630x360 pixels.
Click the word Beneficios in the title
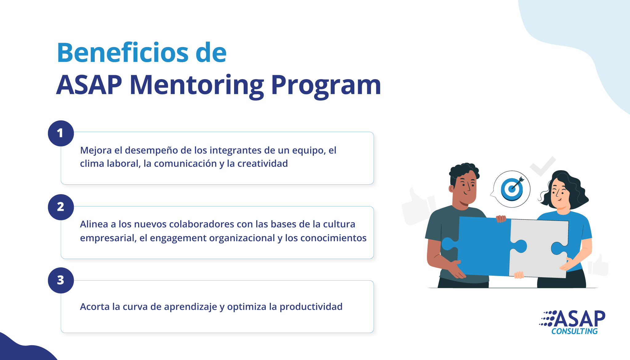(123, 53)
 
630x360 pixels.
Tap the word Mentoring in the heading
(197, 86)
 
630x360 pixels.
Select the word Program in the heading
(326, 86)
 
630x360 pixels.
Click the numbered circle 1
(61, 133)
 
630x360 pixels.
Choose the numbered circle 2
(61, 207)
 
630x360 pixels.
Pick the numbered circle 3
(61, 280)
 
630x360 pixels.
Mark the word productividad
(311, 307)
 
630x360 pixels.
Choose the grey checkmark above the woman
(543, 166)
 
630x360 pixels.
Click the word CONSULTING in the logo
(574, 331)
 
